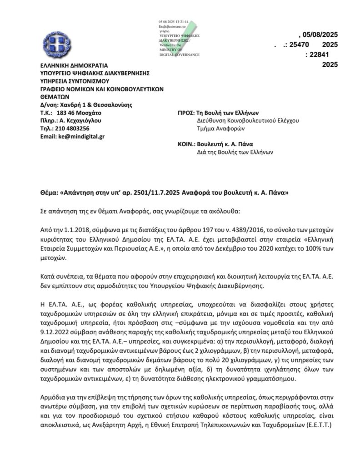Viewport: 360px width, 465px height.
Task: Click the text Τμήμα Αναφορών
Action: click(x=218, y=129)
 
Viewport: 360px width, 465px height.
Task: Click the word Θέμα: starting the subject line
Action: click(x=49, y=192)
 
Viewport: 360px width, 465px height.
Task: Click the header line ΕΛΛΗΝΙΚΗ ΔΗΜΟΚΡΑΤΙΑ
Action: click(x=70, y=65)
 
